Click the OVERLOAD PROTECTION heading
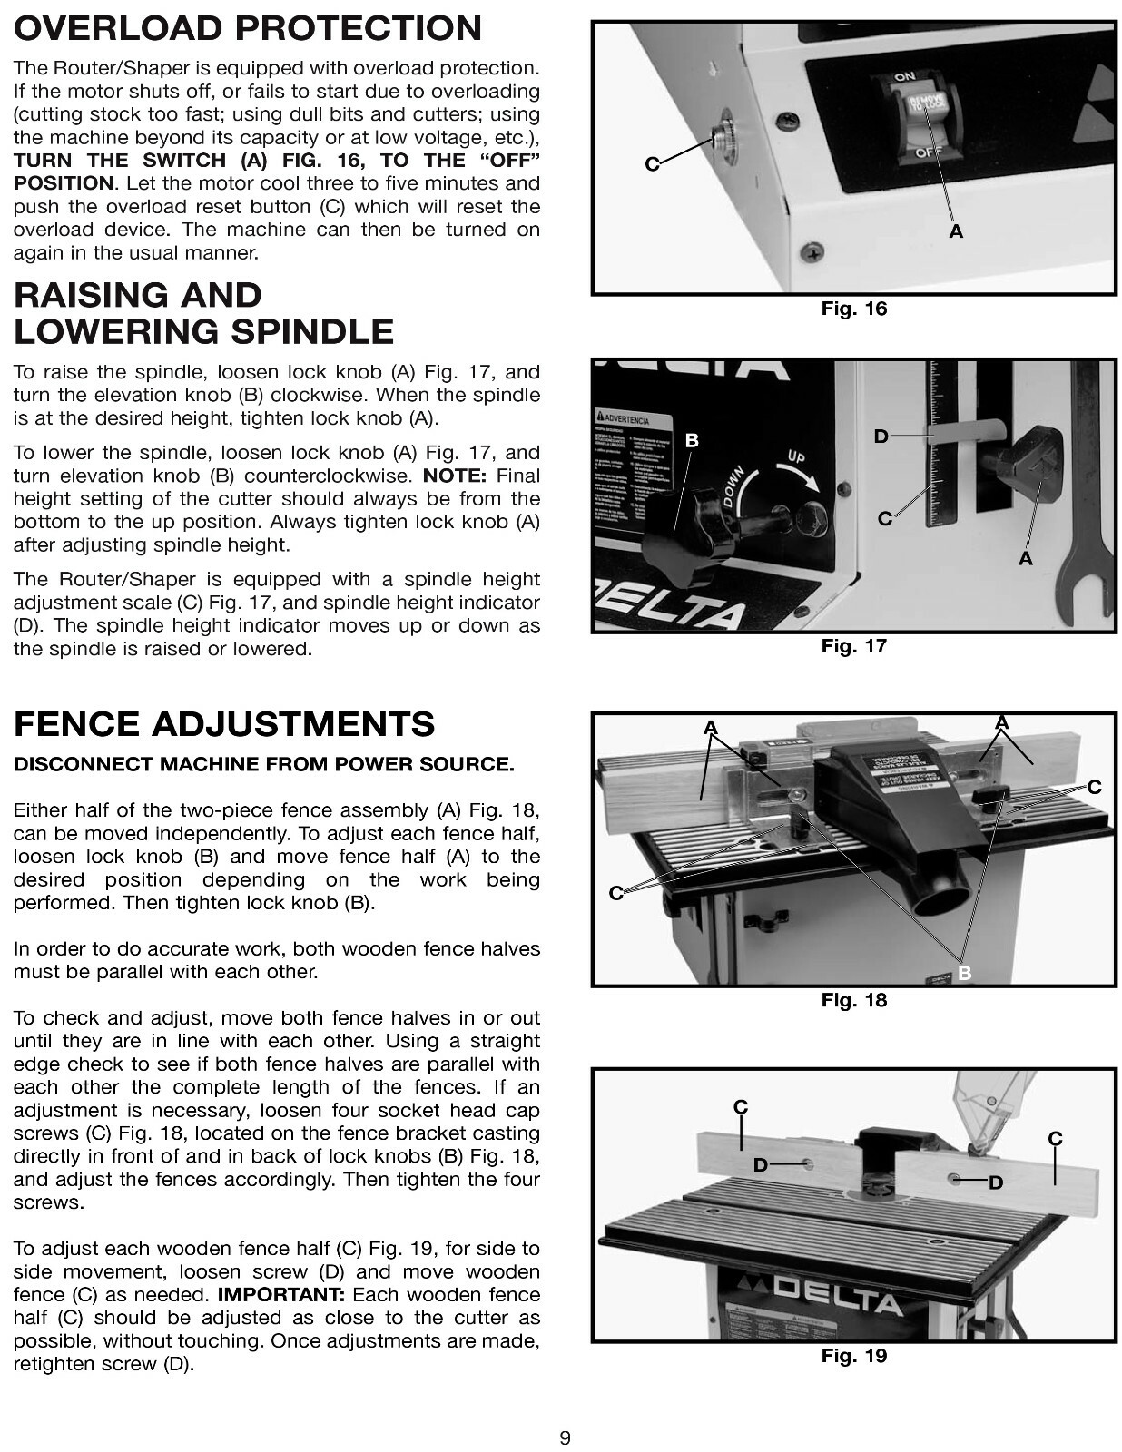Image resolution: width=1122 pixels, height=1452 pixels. tap(247, 28)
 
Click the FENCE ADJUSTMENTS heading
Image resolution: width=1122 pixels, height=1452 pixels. tap(224, 724)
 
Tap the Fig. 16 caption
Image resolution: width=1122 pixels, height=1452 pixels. tap(853, 309)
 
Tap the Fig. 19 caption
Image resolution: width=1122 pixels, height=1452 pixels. tap(853, 1356)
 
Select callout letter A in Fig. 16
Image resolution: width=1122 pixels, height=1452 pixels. tap(955, 232)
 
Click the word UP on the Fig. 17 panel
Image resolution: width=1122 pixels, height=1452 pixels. tap(795, 456)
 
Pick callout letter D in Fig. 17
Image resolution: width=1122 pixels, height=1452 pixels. tap(881, 437)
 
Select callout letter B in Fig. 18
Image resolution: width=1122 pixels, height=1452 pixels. tap(964, 974)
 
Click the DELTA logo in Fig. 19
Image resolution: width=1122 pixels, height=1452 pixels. tap(826, 1298)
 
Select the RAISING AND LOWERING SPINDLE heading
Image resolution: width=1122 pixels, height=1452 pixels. tap(202, 313)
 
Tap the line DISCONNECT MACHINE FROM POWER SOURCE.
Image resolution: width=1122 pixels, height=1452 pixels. tap(263, 764)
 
